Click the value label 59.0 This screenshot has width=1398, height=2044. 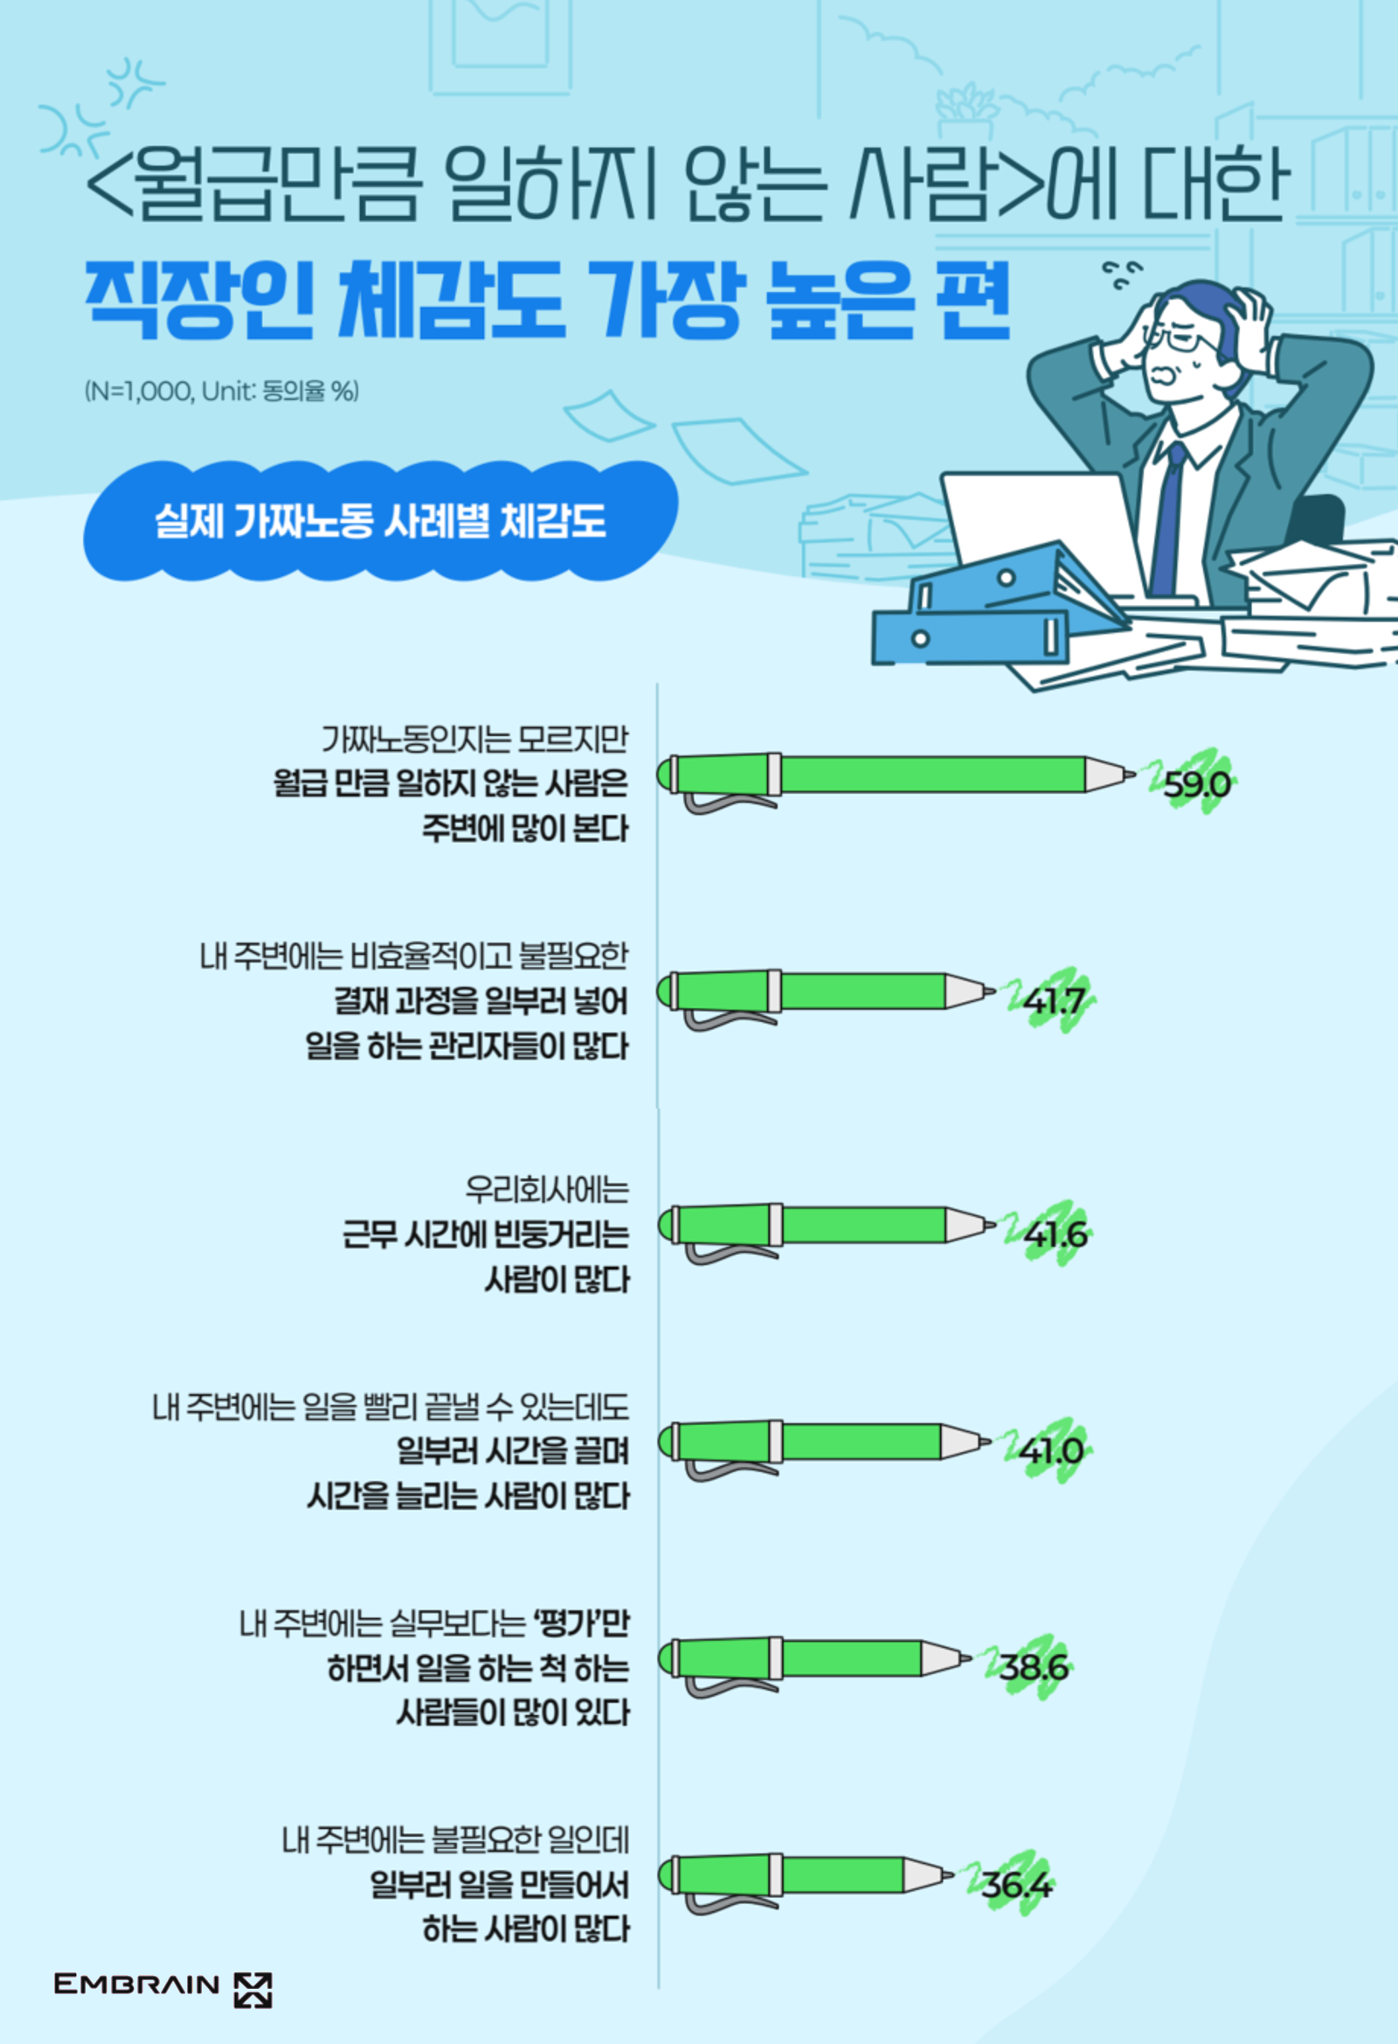[1196, 782]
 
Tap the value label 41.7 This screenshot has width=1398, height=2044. [1055, 1001]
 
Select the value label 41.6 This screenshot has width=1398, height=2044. [1055, 1234]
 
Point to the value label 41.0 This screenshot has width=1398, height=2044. [1051, 1450]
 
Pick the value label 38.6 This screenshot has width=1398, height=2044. [1033, 1666]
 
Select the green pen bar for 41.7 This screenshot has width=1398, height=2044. [827, 992]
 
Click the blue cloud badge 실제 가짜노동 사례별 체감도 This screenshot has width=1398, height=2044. [380, 521]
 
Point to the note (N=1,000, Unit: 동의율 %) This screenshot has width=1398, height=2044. [222, 391]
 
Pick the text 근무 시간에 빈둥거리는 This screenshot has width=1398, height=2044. [485, 1234]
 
